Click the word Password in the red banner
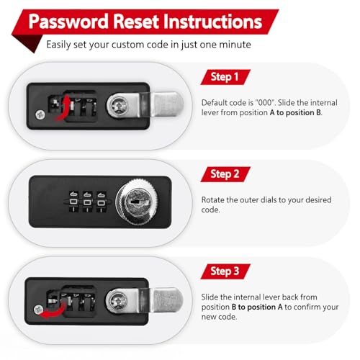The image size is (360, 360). pos(68,22)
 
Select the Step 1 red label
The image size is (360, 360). pos(225,77)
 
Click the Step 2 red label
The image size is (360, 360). pos(225,174)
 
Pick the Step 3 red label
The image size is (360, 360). pos(225,271)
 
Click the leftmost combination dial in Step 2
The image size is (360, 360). pos(73,202)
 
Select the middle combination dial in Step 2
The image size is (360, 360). pos(87,202)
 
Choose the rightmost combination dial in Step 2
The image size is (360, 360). pos(101,202)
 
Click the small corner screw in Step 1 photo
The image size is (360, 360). pos(40,114)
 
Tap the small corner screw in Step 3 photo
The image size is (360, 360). pos(38,310)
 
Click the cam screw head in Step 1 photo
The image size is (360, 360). pos(118,105)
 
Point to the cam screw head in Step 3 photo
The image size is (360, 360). pos(117,300)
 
